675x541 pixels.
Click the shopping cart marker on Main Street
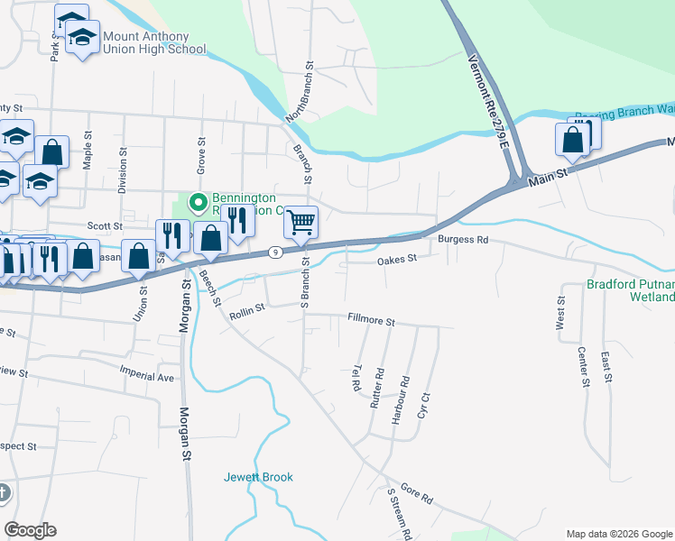[301, 221]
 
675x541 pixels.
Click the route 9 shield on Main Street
[273, 253]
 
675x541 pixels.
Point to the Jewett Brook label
[259, 477]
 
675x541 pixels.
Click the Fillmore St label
[372, 321]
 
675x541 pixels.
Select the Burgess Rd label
[462, 241]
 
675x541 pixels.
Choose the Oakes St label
[396, 259]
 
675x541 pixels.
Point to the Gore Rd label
[417, 492]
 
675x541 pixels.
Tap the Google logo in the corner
[30, 530]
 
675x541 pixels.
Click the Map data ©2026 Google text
[620, 534]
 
